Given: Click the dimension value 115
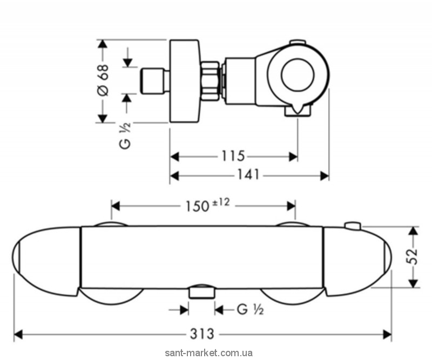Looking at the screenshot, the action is click(233, 156).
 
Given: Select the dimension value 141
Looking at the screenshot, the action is click(248, 175).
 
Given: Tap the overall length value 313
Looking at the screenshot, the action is click(202, 334).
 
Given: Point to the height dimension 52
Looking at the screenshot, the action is click(413, 256).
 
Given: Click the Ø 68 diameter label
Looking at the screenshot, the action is click(103, 80).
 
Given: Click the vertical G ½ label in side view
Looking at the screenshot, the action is click(125, 135).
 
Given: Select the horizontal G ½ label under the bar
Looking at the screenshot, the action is click(250, 310).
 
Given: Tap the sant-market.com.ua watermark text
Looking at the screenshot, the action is click(209, 353).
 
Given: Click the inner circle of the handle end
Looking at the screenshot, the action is click(298, 74).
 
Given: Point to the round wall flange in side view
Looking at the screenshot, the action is click(184, 81).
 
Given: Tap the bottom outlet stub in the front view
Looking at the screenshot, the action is click(202, 293).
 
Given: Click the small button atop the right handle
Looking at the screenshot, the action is click(353, 225).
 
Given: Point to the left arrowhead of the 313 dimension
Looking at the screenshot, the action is click(18, 335).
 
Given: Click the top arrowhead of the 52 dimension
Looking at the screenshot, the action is click(412, 230).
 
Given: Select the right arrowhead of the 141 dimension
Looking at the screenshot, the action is click(325, 175).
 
